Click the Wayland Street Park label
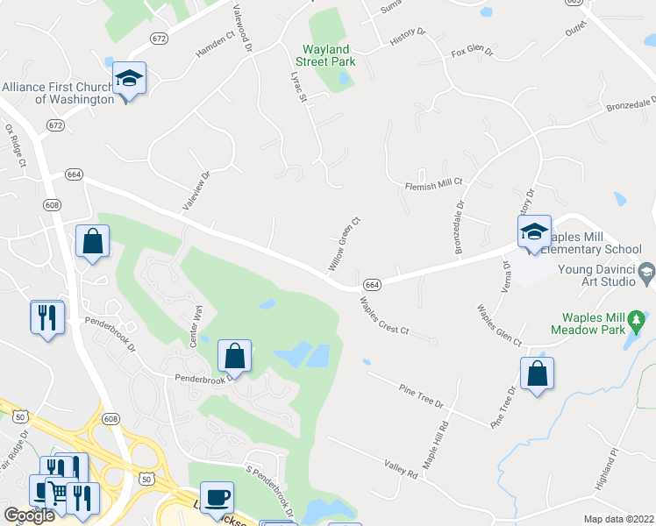[326, 55]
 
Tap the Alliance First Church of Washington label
[58, 93]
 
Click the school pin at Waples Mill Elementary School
[533, 233]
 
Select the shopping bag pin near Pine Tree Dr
[537, 374]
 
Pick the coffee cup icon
[217, 498]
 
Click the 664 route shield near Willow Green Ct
[372, 285]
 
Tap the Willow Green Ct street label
[345, 243]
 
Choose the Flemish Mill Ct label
[433, 184]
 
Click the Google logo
[30, 515]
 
